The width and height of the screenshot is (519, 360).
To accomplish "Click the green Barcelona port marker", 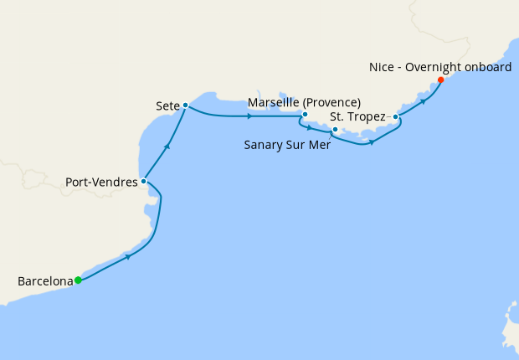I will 78,280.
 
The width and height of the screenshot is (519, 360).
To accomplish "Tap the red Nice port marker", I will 441,80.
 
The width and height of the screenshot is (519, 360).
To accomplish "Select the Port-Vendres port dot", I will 144,181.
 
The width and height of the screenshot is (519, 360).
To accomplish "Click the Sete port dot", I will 185,105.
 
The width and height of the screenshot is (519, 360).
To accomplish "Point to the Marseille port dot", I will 305,114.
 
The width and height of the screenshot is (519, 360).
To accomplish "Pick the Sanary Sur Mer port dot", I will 334,130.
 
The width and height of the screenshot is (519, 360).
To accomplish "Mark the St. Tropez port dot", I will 395,117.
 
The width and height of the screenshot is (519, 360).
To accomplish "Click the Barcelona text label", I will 44,281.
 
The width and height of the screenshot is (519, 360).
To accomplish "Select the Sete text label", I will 168,106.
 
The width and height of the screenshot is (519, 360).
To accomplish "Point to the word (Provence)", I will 332,103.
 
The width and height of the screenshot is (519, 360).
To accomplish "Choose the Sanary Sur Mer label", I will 287,144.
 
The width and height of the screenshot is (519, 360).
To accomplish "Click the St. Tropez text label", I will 357,117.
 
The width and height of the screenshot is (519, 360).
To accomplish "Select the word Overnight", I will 429,67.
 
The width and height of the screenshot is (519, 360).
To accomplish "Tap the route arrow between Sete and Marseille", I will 251,115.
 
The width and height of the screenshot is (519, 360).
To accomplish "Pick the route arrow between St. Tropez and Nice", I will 424,100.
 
